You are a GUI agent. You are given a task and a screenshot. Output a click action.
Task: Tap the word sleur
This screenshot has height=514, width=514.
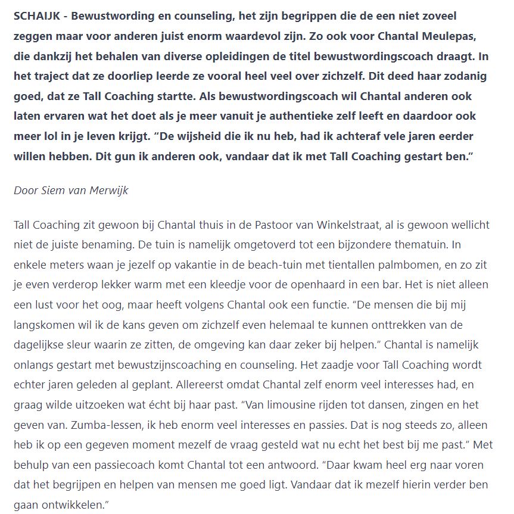point(82,345)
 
